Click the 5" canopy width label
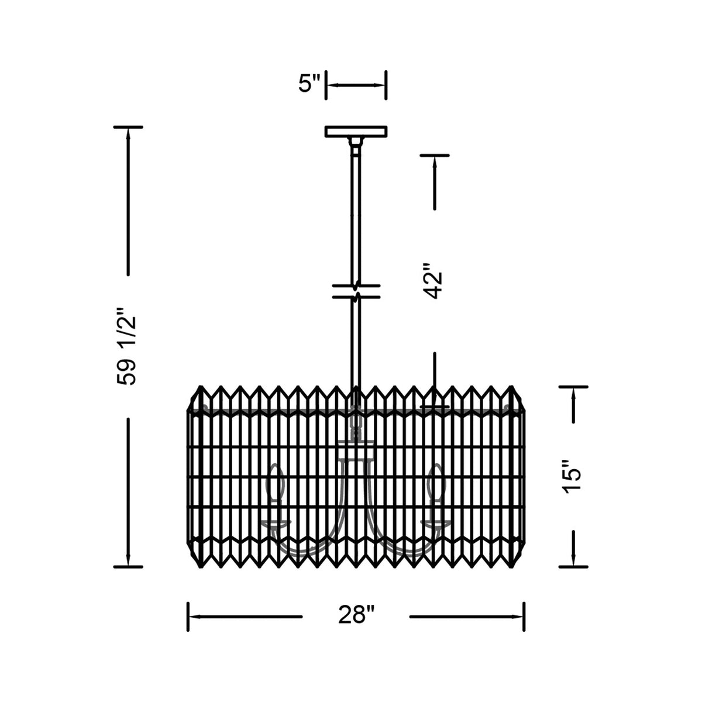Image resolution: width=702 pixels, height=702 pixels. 309,84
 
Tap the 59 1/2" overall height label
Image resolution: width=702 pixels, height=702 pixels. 126,346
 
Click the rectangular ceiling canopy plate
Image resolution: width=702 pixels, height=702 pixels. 356,131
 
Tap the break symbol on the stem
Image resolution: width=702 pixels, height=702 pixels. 356,291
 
